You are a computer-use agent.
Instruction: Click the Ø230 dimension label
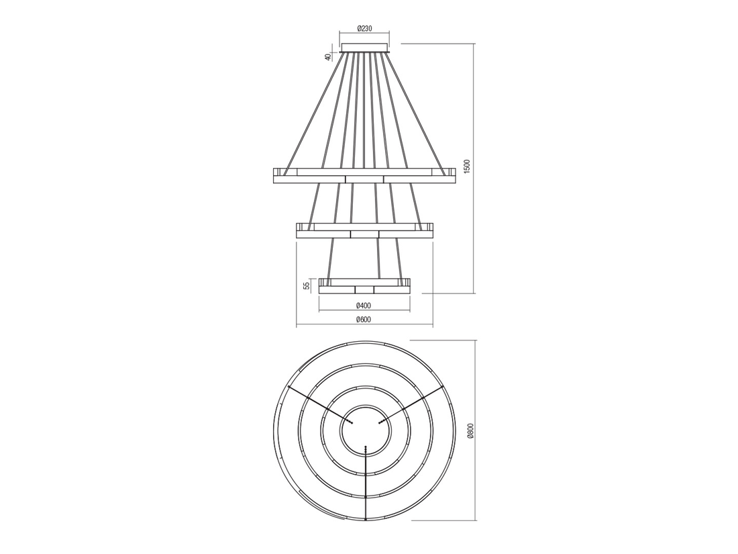click(x=364, y=28)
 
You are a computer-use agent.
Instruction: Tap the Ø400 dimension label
click(x=364, y=305)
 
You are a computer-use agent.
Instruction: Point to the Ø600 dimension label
click(x=364, y=320)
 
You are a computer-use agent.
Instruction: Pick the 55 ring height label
click(x=307, y=285)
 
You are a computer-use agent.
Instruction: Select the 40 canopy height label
click(x=329, y=57)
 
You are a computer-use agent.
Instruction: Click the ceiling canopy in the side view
click(x=364, y=48)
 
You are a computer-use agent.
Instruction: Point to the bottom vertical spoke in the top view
click(x=365, y=483)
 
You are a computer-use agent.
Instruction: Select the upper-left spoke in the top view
click(x=319, y=404)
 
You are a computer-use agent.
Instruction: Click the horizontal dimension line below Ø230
click(x=364, y=34)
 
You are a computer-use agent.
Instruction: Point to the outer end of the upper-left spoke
click(x=288, y=387)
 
